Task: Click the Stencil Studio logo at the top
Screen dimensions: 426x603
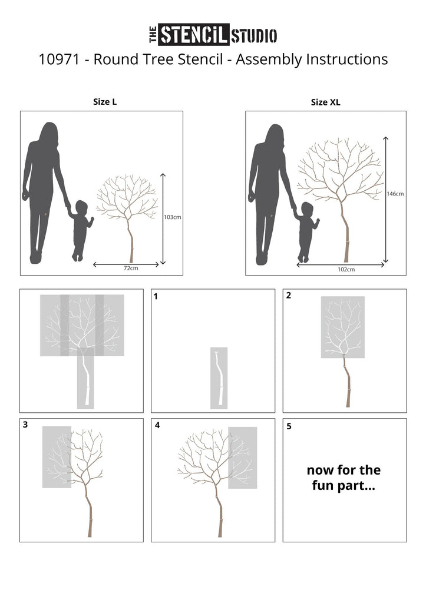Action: pyautogui.click(x=213, y=35)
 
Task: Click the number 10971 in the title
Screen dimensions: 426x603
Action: pyautogui.click(x=59, y=59)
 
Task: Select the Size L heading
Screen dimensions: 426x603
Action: pyautogui.click(x=105, y=102)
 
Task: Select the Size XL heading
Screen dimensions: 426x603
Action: pyautogui.click(x=326, y=102)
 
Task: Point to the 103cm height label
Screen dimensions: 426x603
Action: pyautogui.click(x=173, y=217)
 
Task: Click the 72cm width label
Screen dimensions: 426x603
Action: pyautogui.click(x=131, y=268)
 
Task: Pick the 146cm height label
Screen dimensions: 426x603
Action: pyautogui.click(x=395, y=194)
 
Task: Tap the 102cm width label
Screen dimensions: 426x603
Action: pyautogui.click(x=346, y=270)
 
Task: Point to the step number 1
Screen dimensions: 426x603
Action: pyautogui.click(x=156, y=297)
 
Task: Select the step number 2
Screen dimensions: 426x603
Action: pyautogui.click(x=288, y=296)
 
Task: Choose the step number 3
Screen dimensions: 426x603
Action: pyautogui.click(x=25, y=425)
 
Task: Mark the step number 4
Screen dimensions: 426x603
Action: pyautogui.click(x=157, y=425)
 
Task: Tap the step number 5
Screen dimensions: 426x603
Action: pyautogui.click(x=289, y=426)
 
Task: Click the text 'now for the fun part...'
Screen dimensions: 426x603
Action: pyautogui.click(x=344, y=478)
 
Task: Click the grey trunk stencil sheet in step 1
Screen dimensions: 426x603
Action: pyautogui.click(x=219, y=378)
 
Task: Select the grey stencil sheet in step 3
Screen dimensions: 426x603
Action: pyautogui.click(x=57, y=457)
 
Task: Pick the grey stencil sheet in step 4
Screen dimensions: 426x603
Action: pyautogui.click(x=242, y=458)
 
